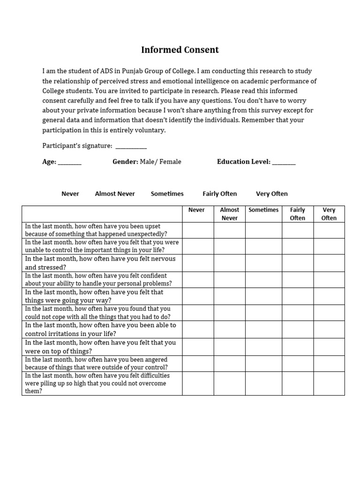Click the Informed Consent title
[180, 50]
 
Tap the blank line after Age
[70, 163]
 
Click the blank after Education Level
[284, 163]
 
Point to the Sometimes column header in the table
[263, 210]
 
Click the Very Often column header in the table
[329, 214]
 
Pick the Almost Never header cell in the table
[229, 214]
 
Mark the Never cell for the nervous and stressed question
[198, 263]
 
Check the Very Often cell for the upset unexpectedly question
[329, 230]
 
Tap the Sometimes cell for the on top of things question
[263, 347]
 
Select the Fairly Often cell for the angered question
[297, 364]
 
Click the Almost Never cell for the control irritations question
[229, 330]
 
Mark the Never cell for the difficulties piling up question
[198, 383]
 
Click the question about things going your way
[94, 296]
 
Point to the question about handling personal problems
[98, 280]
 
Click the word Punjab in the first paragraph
[134, 71]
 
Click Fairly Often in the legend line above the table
[219, 194]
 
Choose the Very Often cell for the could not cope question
[329, 313]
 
